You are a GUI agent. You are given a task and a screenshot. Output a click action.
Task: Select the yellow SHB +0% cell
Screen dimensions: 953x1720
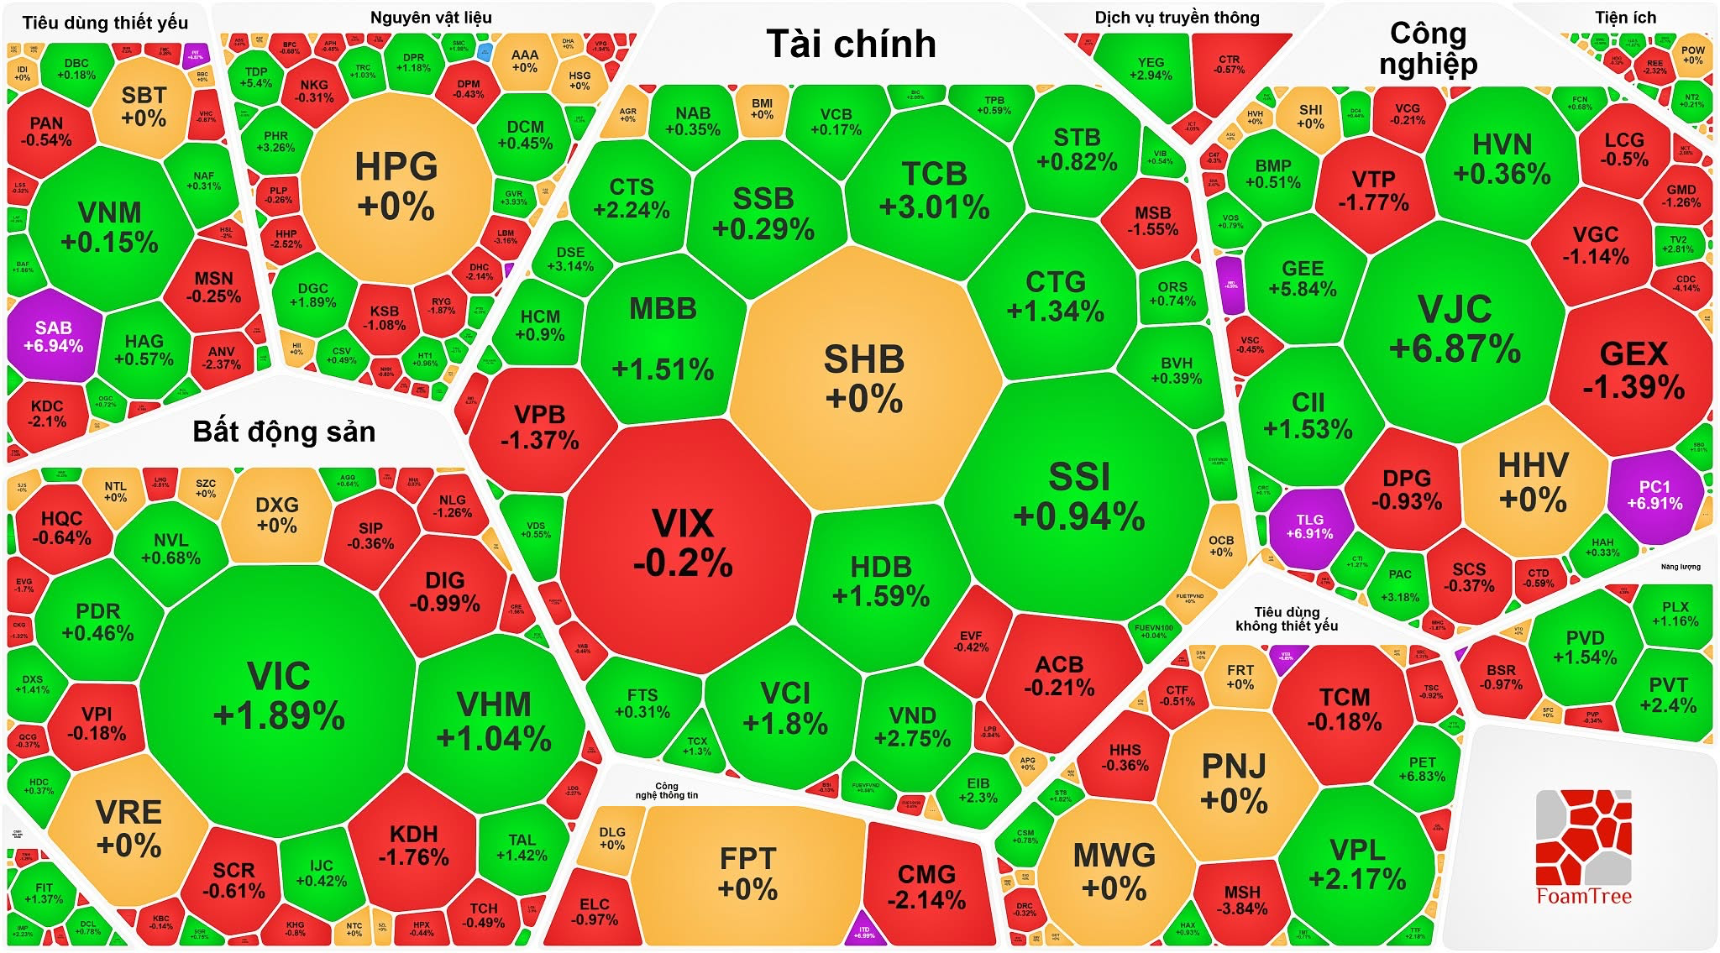pyautogui.click(x=864, y=378)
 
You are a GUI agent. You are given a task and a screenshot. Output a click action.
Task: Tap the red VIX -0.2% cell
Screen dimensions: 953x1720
pyautogui.click(x=683, y=543)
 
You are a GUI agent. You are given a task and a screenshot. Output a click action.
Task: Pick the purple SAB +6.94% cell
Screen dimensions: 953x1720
pyautogui.click(x=53, y=336)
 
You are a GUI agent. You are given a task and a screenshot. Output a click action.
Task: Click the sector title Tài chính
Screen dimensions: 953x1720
pyautogui.click(x=851, y=44)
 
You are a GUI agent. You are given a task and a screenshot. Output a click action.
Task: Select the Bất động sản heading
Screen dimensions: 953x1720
pyautogui.click(x=284, y=432)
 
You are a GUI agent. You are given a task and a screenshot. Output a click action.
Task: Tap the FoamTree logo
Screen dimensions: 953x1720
pyautogui.click(x=1584, y=848)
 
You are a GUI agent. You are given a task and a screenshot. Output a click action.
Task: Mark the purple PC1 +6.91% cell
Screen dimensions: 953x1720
pyautogui.click(x=1654, y=495)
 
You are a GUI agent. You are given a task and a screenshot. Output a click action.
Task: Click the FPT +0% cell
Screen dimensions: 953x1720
pyautogui.click(x=747, y=873)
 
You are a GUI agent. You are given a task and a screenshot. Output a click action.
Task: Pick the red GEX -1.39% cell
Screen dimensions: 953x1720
pyautogui.click(x=1633, y=370)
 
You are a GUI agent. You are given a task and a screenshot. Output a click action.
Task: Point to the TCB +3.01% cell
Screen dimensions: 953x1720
pyautogui.click(x=934, y=190)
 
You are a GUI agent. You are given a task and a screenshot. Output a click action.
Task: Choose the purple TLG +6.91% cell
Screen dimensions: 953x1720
pyautogui.click(x=1309, y=526)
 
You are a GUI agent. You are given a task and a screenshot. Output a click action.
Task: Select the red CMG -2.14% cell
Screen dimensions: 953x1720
pyautogui.click(x=926, y=887)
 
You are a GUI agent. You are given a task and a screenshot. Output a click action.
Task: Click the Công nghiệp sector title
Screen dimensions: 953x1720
pyautogui.click(x=1428, y=49)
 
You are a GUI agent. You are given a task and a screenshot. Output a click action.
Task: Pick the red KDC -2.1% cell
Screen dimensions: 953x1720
pyautogui.click(x=47, y=413)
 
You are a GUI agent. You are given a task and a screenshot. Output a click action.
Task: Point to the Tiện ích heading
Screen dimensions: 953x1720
pyautogui.click(x=1625, y=18)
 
